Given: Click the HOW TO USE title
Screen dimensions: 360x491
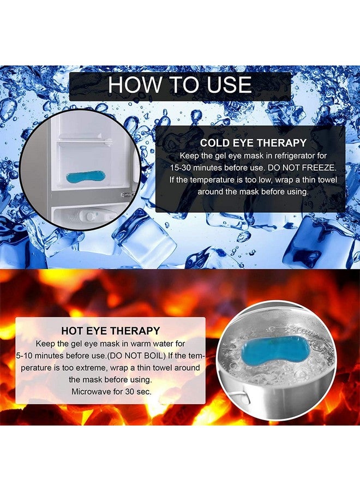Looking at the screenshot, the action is point(180,85).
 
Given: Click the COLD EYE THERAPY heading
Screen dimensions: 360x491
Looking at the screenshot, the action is point(253,143).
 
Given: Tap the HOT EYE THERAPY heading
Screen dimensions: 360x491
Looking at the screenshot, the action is point(111,331).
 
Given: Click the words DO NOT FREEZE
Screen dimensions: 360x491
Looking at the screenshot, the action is point(302,167).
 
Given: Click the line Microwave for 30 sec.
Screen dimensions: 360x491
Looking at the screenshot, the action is point(111,391).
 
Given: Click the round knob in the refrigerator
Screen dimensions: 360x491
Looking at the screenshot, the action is point(91,216).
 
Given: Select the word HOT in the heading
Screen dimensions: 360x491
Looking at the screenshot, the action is point(73,331).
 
